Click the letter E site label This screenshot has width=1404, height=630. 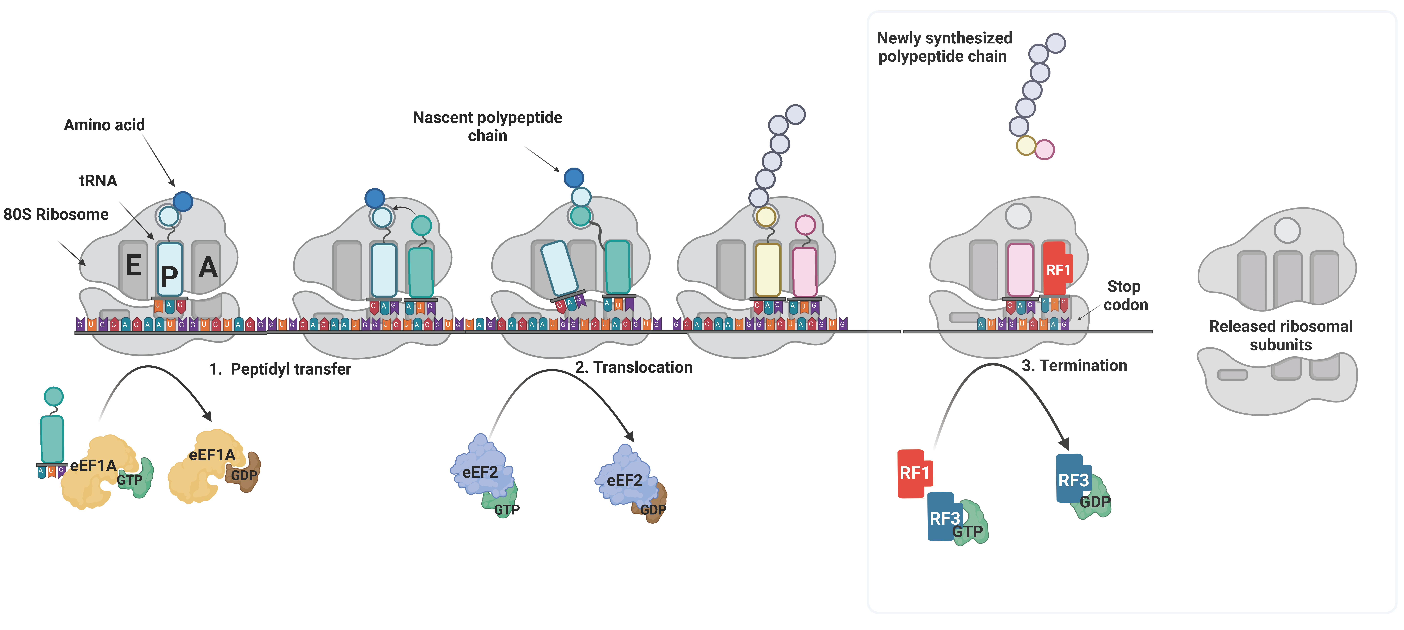133,266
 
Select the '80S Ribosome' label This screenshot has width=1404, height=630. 56,215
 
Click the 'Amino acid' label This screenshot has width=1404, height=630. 104,125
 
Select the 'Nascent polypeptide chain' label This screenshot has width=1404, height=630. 487,126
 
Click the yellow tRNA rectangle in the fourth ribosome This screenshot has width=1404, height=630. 767,270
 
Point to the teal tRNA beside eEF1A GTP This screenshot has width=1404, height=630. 52,438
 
